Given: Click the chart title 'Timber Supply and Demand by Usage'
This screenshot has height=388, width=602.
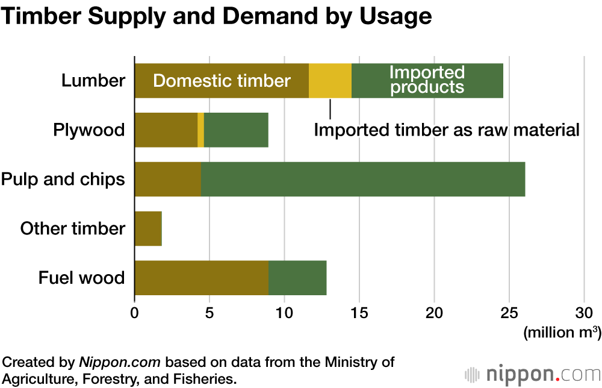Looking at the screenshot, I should coord(216,16).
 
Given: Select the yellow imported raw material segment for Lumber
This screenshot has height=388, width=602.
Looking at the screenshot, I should coord(330,81).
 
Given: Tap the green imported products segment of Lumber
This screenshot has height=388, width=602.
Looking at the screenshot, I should coord(427,81).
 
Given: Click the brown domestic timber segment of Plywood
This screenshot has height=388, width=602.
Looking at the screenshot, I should coord(166,130).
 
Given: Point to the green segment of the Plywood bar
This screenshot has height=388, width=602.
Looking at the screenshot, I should coord(236,130).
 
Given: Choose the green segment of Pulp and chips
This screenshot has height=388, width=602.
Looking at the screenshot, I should coord(362,180).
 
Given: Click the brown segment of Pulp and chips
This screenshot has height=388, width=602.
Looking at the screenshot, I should coord(167,180).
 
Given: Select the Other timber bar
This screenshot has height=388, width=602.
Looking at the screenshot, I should coord(148,229).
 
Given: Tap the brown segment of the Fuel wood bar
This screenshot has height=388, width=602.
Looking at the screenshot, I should coord(201,278).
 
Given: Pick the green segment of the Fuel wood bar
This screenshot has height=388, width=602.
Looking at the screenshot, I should coord(297,278).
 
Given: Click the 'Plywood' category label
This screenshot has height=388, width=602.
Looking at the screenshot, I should coord(88,130).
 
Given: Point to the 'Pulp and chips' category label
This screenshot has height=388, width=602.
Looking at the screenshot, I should coord(63,180).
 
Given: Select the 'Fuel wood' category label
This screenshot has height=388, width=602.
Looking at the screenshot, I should coord(82,278).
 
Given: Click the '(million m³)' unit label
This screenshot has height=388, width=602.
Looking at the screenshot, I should coord(562,332).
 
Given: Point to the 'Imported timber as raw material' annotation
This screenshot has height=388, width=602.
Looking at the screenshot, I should coord(446,130).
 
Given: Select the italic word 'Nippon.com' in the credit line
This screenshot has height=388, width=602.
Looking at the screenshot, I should coord(120,363).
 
